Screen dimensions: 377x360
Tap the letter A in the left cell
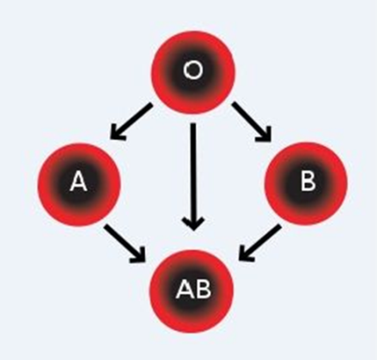point(79,182)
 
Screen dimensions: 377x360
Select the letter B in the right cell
point(308,182)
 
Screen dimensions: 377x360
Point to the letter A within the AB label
point(183,289)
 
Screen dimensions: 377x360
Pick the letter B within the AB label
point(202,289)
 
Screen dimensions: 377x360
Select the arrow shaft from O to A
point(131,121)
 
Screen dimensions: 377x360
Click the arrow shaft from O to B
point(252,122)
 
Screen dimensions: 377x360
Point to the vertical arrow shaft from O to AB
point(194,177)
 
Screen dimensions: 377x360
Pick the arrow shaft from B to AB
point(260,243)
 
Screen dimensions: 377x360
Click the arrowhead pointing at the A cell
point(117,133)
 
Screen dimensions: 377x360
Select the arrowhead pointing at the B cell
point(265,135)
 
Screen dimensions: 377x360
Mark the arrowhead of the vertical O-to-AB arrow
point(194,224)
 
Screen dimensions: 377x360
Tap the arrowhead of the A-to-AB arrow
point(139,256)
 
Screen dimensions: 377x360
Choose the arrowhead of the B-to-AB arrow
point(246,254)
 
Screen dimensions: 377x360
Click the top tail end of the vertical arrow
point(193,124)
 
